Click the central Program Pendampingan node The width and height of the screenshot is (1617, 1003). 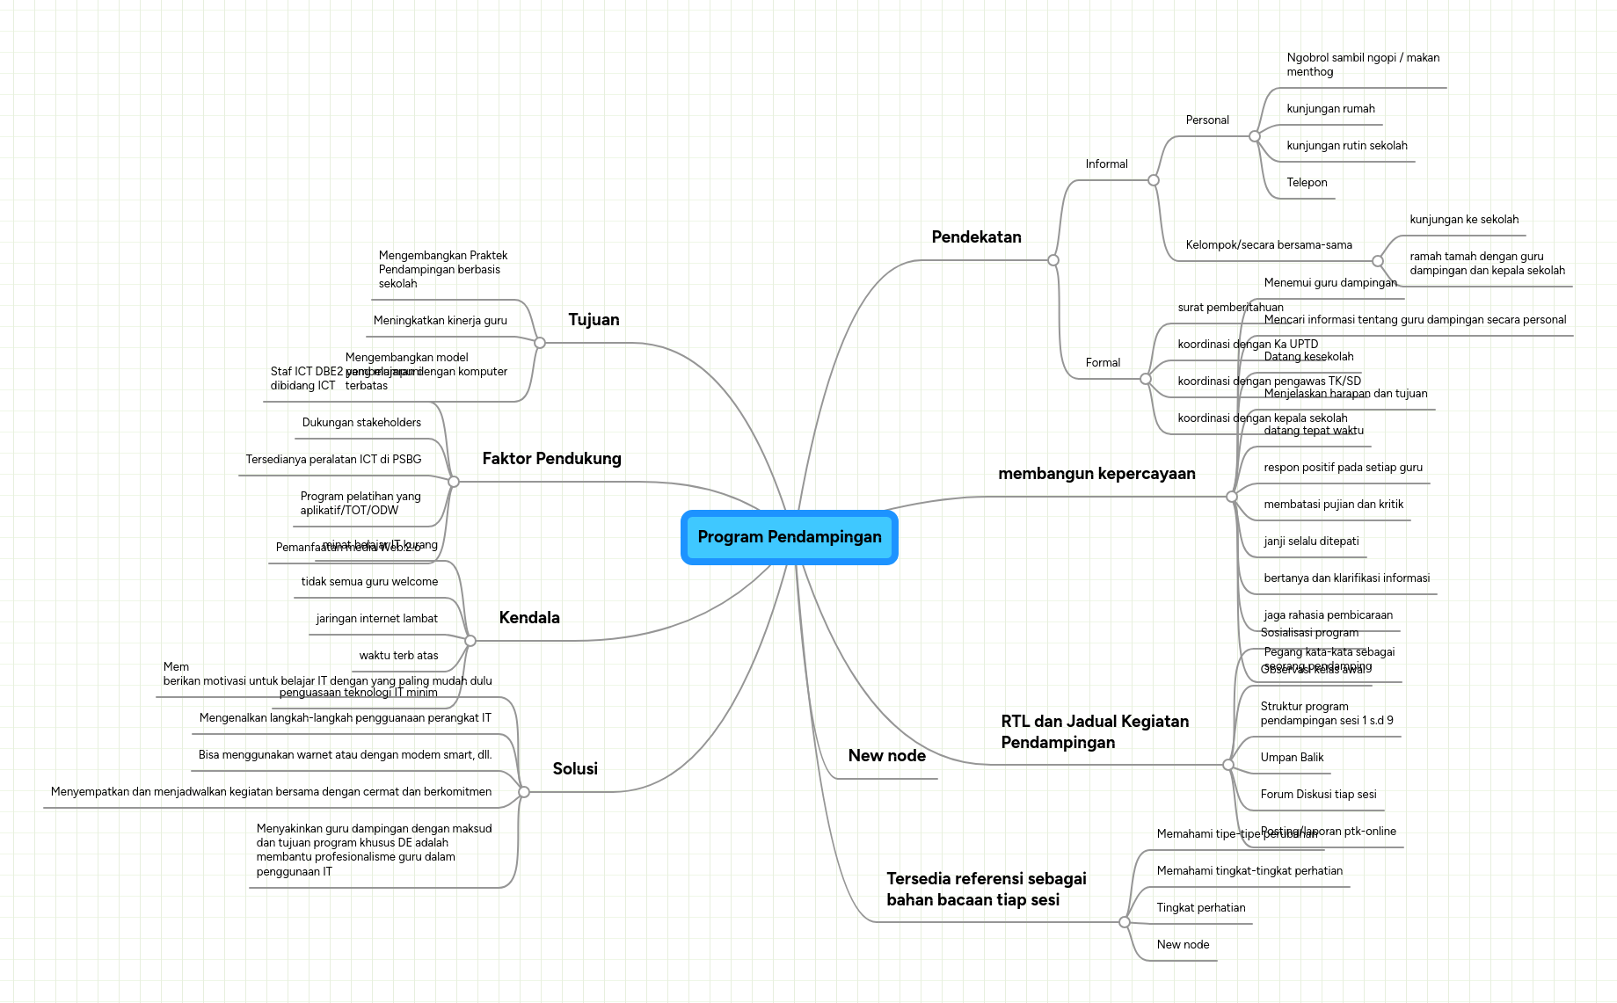point(789,537)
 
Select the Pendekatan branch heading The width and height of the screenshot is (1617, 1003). point(976,237)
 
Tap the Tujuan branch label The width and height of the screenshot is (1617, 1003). point(594,320)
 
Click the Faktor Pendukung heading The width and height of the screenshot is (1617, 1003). point(551,459)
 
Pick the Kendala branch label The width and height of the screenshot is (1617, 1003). point(528,618)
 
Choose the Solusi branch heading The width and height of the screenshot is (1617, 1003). point(574,769)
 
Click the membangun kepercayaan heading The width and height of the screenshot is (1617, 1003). point(1096,474)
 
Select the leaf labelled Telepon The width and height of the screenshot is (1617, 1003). point(1307,183)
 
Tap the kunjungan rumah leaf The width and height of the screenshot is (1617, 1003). point(1329,109)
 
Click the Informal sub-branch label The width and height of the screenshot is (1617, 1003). point(1105,164)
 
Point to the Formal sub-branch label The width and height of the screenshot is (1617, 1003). point(1102,363)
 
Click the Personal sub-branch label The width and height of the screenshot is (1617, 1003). point(1206,120)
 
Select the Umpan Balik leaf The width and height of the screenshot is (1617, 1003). point(1291,758)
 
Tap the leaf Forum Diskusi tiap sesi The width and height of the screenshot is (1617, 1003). point(1317,795)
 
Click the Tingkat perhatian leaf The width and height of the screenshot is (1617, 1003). point(1200,908)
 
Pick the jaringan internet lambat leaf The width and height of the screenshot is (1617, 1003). point(376,619)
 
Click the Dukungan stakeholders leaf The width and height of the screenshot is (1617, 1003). point(361,423)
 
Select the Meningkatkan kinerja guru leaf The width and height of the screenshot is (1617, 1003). point(440,321)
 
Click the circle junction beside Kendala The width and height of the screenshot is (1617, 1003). point(470,641)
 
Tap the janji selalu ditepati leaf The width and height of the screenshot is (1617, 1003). point(1310,541)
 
